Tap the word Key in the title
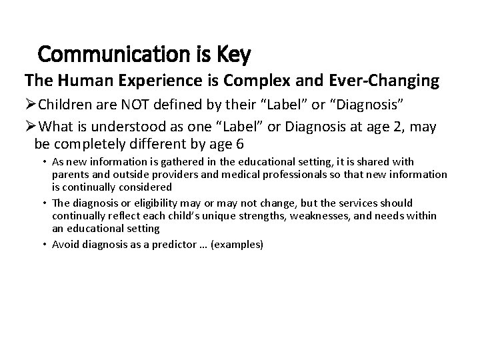pos(233,54)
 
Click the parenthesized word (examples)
pos(237,245)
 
